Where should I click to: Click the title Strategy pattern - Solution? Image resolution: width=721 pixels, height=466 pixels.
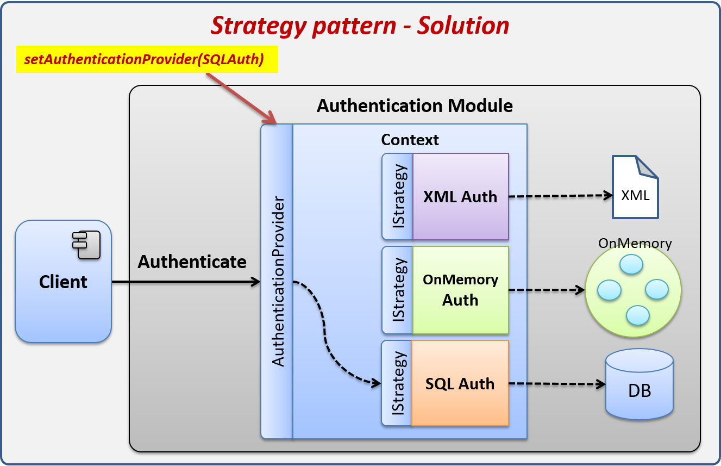(360, 26)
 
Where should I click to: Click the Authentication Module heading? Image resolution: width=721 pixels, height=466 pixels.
(415, 105)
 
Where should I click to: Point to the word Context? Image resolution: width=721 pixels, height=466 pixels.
(410, 140)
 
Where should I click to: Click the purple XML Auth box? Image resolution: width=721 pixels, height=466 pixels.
(460, 196)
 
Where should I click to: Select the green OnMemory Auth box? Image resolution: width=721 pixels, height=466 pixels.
(460, 290)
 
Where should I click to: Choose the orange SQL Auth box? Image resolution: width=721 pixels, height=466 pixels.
(460, 383)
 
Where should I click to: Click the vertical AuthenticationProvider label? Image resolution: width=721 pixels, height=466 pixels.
(278, 281)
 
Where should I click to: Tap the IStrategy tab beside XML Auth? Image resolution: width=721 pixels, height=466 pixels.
(398, 196)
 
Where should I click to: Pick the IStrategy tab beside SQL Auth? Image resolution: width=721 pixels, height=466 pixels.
(397, 383)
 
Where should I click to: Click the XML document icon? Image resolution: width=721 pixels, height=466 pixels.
(635, 187)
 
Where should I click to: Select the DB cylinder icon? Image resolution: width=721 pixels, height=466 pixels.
(640, 384)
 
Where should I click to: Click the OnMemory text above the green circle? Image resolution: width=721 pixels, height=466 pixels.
(635, 243)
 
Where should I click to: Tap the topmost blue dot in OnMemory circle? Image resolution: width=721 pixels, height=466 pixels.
(631, 264)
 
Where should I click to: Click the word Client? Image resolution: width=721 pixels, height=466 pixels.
(63, 282)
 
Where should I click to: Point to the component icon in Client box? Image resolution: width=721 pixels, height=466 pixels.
(87, 245)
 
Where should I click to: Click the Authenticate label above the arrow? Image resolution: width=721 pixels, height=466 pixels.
(192, 262)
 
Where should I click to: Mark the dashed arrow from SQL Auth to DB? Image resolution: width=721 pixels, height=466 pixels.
(557, 384)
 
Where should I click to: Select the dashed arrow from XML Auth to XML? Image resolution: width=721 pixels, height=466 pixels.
(560, 196)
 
